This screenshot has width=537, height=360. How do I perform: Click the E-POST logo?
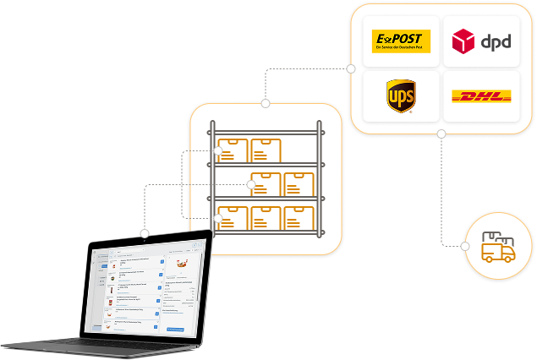(x=402, y=41)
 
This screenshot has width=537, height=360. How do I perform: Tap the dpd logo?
(x=481, y=41)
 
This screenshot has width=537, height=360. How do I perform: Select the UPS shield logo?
(x=401, y=96)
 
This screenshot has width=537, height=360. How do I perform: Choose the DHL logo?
(x=481, y=96)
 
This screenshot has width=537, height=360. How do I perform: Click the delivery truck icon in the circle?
(x=497, y=247)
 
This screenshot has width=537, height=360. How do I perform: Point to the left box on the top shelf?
(x=233, y=150)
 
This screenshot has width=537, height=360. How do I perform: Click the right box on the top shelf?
(x=266, y=150)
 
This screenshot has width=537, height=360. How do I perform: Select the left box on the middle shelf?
(x=266, y=184)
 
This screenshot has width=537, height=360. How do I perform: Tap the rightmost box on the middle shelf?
(x=299, y=184)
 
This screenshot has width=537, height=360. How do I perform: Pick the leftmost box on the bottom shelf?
(x=233, y=218)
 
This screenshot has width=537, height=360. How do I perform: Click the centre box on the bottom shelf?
(x=266, y=218)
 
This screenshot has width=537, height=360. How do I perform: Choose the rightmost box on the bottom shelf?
(x=299, y=218)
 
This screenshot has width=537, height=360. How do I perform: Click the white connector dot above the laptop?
(x=145, y=232)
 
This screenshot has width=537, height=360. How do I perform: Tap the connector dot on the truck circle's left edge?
(x=464, y=246)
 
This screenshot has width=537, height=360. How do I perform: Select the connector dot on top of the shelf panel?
(x=266, y=103)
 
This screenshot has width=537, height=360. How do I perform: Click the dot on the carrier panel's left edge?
(x=350, y=68)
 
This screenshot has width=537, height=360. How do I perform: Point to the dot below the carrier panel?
(x=441, y=134)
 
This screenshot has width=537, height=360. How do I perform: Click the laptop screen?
(x=148, y=288)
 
